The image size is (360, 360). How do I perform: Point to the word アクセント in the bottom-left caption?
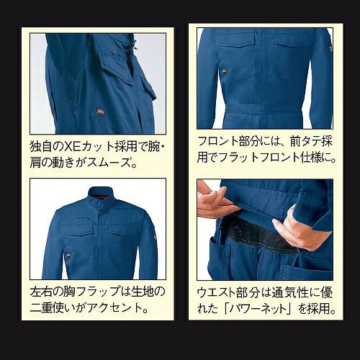(x=114, y=308)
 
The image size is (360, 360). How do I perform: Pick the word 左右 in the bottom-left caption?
(x=41, y=292)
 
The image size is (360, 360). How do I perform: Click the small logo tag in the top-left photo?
(x=100, y=112)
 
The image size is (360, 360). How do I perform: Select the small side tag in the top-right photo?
(x=224, y=71)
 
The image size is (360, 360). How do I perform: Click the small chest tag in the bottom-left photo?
(x=69, y=255)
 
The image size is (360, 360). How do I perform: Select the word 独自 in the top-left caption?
(x=41, y=146)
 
